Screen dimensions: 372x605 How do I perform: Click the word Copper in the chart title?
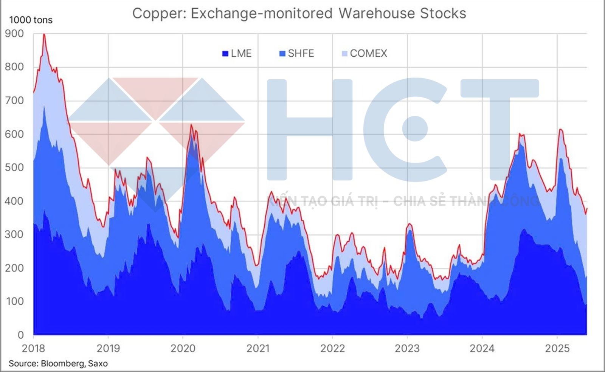coord(158,14)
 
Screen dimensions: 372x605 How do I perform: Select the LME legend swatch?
coord(225,54)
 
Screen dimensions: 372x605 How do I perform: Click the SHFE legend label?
coord(301,53)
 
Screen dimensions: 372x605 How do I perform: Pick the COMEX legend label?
coord(368,53)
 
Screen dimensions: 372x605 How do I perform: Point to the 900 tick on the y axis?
coord(14,34)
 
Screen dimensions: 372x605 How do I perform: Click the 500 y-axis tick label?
coord(14,167)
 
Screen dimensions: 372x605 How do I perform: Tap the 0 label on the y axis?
coord(20,335)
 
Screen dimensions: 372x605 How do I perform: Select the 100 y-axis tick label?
coord(14,302)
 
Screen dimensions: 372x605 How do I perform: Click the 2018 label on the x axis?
coord(33,348)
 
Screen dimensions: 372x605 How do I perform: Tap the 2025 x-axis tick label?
coord(557,348)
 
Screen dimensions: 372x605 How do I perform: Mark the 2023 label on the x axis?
coord(407,348)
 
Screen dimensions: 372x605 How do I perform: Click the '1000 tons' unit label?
coord(31,20)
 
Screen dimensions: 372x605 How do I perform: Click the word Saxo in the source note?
coord(98,364)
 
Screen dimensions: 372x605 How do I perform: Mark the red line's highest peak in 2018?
coord(44,34)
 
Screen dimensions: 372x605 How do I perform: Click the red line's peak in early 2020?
coord(191,125)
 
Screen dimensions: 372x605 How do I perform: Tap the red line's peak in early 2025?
coord(560,130)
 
